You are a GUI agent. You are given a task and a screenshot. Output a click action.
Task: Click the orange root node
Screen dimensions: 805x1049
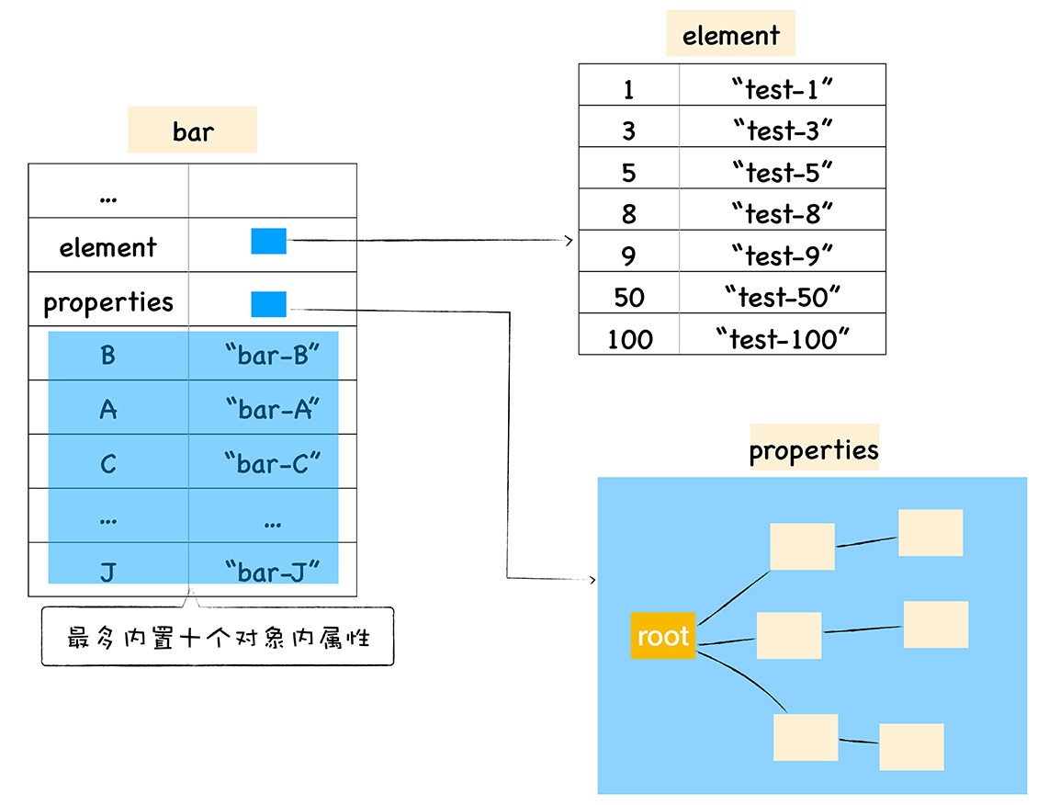[x=662, y=636]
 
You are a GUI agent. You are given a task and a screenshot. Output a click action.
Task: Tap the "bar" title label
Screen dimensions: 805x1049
[x=192, y=130]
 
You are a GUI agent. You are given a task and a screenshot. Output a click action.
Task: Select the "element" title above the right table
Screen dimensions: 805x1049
[x=730, y=36]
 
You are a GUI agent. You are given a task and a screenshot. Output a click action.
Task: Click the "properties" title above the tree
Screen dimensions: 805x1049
[x=814, y=449]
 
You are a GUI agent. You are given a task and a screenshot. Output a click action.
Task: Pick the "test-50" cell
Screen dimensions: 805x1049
[x=783, y=297]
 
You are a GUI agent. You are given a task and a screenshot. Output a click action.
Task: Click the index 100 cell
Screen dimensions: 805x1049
[x=629, y=339]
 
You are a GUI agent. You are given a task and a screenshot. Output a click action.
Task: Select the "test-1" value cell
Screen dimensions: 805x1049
[x=783, y=89]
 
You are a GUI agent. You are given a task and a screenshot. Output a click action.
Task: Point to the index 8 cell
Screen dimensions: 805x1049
[x=629, y=214]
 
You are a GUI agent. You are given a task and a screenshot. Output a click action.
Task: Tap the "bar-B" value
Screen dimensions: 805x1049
[x=271, y=355]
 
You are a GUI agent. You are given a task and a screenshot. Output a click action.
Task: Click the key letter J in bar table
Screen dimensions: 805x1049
[x=108, y=572]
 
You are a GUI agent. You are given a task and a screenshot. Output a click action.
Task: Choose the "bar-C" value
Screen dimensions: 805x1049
[x=271, y=463]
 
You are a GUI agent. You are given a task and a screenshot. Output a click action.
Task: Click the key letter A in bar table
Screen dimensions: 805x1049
[x=108, y=409]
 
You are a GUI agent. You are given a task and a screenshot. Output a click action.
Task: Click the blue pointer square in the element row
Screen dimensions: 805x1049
[x=268, y=242]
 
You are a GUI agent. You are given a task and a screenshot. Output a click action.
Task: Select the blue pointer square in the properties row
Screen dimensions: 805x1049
[x=268, y=304]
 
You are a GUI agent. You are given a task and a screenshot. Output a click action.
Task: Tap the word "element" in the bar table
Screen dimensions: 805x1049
[x=107, y=247]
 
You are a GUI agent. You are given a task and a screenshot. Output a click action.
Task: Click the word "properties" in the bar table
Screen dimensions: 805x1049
[x=107, y=301]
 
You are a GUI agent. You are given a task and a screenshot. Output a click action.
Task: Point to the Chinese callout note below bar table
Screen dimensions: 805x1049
[x=218, y=636]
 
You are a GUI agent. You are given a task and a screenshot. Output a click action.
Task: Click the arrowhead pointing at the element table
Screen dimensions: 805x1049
[x=570, y=241]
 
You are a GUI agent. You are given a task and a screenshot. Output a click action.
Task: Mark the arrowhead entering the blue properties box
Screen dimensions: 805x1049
[x=592, y=580]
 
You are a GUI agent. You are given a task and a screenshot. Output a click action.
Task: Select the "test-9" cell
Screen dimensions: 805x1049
[x=783, y=255]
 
